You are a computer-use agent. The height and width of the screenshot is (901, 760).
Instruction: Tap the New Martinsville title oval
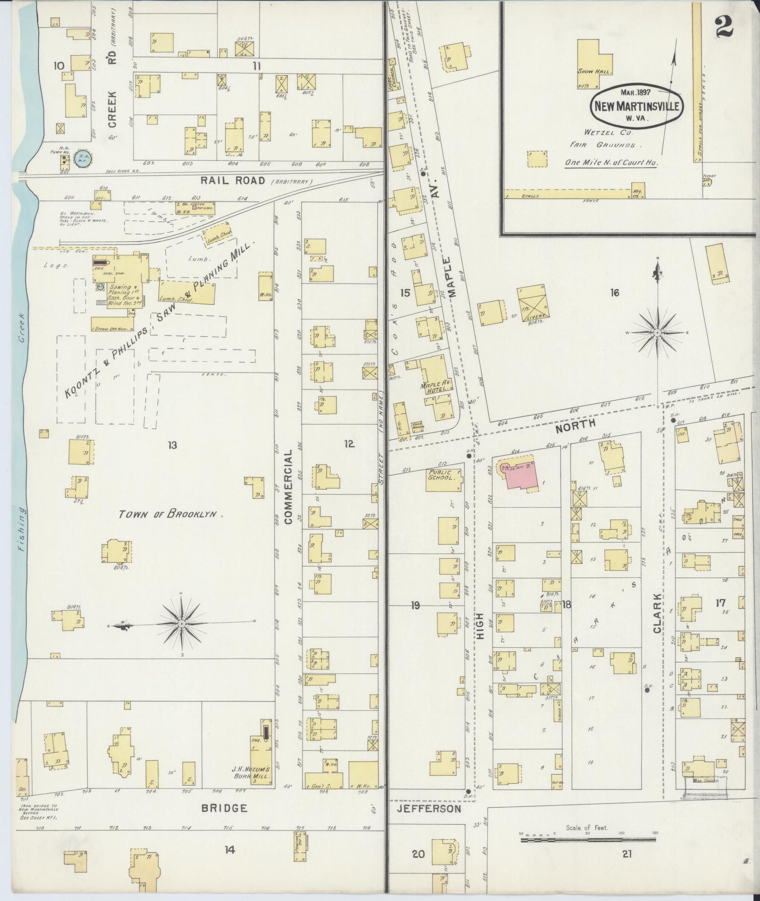[x=637, y=105]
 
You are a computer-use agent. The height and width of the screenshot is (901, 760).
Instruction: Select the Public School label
[x=439, y=475]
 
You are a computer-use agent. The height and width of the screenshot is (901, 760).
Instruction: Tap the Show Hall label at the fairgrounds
[x=594, y=71]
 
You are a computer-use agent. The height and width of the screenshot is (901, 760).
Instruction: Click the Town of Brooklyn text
[x=171, y=514]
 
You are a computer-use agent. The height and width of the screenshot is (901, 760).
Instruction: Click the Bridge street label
[x=224, y=808]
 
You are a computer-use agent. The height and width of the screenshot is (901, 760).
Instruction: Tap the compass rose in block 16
[x=657, y=332]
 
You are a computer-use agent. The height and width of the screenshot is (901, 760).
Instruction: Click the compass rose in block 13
[x=181, y=623]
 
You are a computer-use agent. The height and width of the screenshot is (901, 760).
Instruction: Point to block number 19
[x=416, y=606]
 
